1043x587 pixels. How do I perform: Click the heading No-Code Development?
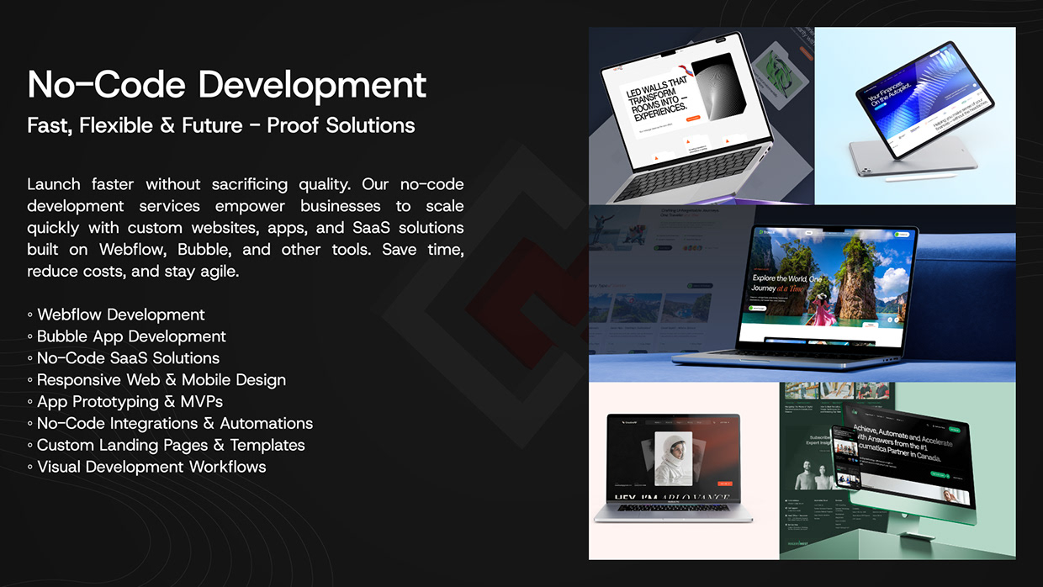point(227,85)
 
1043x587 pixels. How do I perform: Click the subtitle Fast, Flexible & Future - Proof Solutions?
point(221,126)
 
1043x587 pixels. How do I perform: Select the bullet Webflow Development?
point(120,315)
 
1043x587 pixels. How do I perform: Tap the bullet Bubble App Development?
point(130,336)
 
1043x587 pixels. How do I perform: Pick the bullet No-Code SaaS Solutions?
point(128,358)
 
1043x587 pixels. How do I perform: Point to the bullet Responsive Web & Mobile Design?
point(161,380)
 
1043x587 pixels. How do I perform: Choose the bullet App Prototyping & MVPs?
point(130,402)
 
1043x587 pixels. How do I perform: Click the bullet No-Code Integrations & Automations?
point(174,424)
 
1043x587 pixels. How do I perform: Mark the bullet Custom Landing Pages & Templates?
point(170,446)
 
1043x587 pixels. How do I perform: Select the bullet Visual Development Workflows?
point(151,468)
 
